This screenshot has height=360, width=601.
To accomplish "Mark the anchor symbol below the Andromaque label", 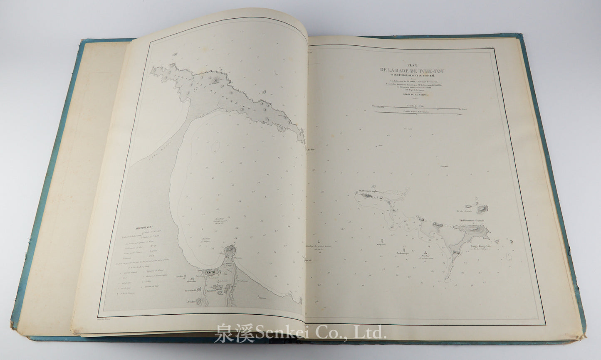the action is tap(425, 253).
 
